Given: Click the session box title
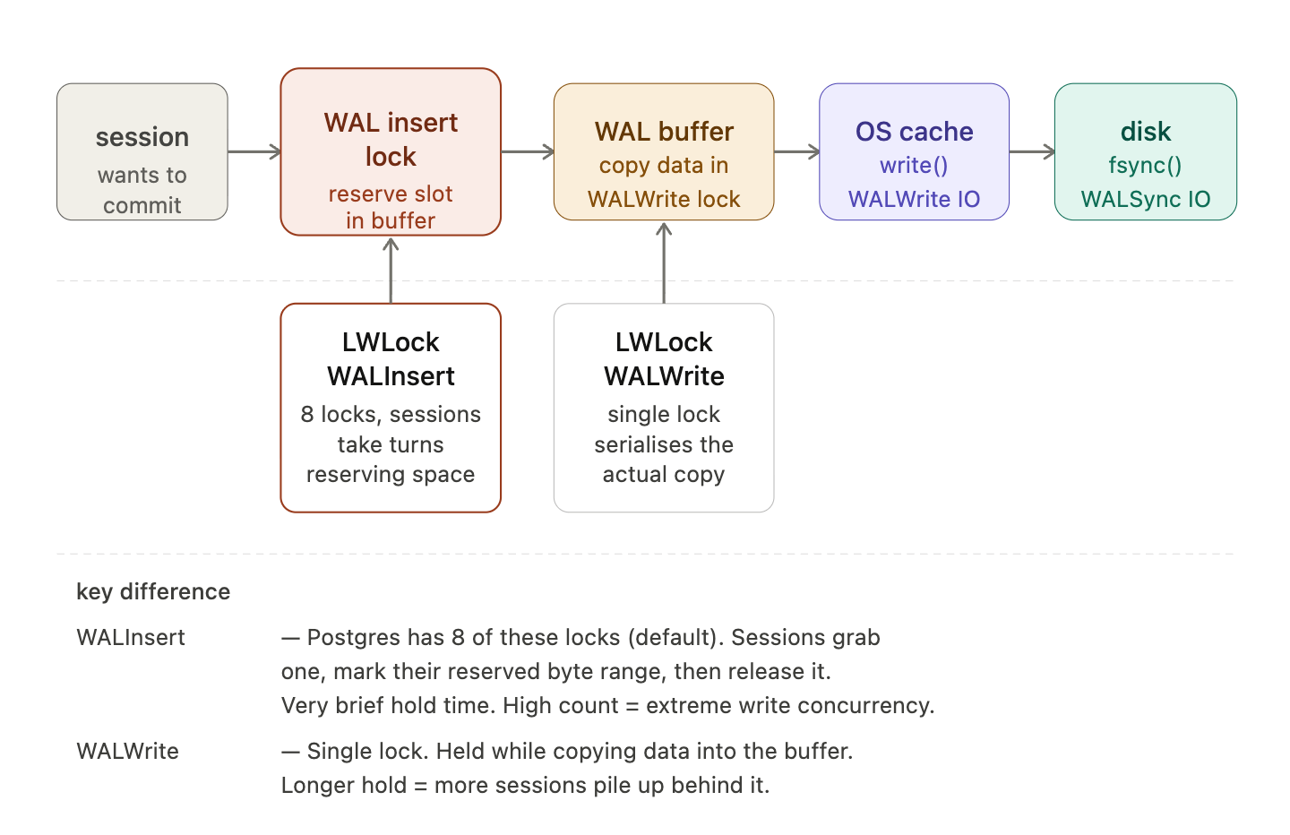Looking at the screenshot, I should click(x=142, y=137).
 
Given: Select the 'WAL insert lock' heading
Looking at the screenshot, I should click(x=391, y=139).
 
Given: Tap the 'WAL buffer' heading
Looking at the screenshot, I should click(x=664, y=132).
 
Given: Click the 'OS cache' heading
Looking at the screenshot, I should click(x=914, y=132).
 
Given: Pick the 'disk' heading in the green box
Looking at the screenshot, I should click(x=1145, y=132).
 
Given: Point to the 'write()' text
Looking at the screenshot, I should click(x=914, y=166).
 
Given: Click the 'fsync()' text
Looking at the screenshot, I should click(x=1145, y=166).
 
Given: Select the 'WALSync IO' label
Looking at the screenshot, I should click(x=1145, y=199).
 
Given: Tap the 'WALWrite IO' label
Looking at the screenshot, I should click(x=914, y=199).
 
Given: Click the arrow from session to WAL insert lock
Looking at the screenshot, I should click(x=254, y=151).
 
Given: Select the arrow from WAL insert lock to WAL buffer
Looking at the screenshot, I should click(x=528, y=151).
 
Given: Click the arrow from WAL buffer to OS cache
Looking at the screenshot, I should click(x=796, y=151).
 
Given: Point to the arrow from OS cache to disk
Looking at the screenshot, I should click(x=1032, y=151).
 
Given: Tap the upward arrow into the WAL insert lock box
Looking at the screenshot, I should click(x=391, y=270).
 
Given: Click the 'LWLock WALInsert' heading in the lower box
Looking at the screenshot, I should click(x=391, y=358).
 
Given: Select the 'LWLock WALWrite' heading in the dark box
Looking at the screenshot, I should click(x=664, y=358).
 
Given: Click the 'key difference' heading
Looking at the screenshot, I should click(x=153, y=592).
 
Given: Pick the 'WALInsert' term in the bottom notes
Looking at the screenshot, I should click(x=131, y=638).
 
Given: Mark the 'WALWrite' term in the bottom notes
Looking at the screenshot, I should click(x=127, y=752).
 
